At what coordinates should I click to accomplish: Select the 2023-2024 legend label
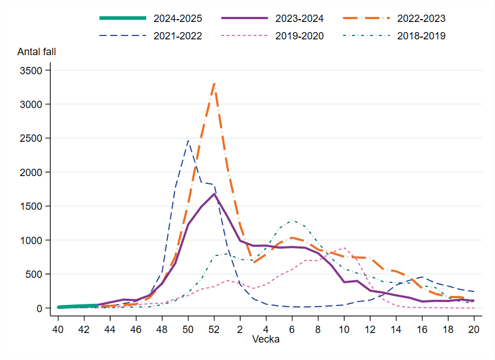[x=299, y=19]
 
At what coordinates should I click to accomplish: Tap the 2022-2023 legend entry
[x=421, y=19]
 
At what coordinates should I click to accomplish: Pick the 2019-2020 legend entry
[x=299, y=36]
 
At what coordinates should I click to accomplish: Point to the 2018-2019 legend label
[x=421, y=36]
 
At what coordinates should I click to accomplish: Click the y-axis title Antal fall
[x=37, y=52]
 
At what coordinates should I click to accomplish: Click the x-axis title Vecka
[x=265, y=339]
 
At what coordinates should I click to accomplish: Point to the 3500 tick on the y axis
[x=32, y=70]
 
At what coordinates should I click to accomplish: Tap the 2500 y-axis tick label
[x=32, y=138]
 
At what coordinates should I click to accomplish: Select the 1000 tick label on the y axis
[x=32, y=240]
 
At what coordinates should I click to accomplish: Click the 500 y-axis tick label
[x=34, y=274]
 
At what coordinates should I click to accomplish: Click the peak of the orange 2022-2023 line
[x=214, y=83]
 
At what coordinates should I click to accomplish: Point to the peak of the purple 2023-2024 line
[x=214, y=194]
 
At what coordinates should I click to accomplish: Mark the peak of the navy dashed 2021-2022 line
[x=188, y=141]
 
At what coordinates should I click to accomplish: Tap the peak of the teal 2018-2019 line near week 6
[x=292, y=220]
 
